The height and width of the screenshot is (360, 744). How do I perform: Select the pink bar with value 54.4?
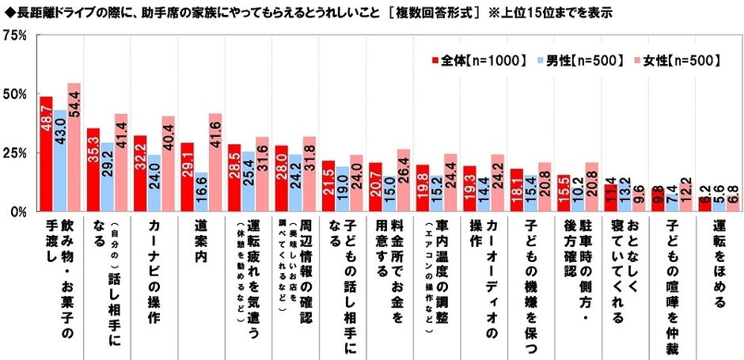[x=74, y=147]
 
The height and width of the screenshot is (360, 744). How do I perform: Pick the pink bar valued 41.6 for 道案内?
[x=214, y=163]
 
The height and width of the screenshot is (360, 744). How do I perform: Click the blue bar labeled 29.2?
[x=107, y=177]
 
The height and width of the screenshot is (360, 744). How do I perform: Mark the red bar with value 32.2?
[x=139, y=174]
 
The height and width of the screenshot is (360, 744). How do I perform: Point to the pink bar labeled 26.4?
[x=402, y=180]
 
